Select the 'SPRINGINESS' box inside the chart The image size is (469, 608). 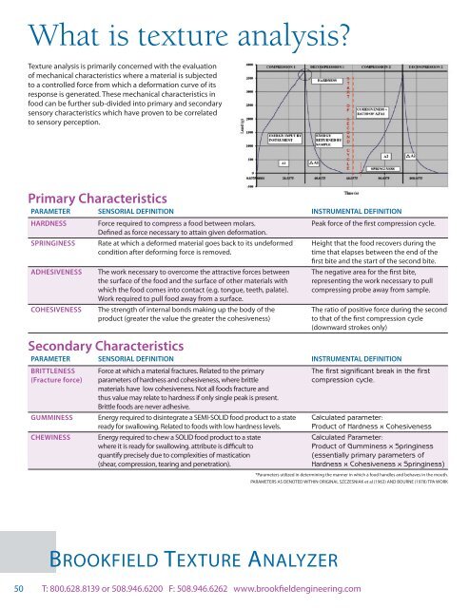(382, 163)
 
